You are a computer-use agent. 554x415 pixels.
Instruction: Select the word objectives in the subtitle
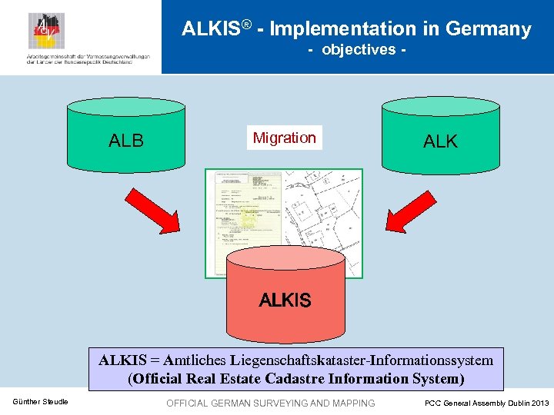pyautogui.click(x=358, y=50)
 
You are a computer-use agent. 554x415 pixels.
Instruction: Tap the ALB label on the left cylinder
pyautogui.click(x=126, y=141)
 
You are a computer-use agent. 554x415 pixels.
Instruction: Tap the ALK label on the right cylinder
pyautogui.click(x=440, y=141)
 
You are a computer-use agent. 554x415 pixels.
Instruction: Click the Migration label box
pyautogui.click(x=284, y=138)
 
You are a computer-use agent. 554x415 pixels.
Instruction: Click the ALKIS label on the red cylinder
pyautogui.click(x=285, y=300)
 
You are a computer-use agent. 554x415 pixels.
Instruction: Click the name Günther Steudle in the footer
pyautogui.click(x=40, y=403)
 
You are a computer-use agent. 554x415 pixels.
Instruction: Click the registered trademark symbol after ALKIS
pyautogui.click(x=247, y=25)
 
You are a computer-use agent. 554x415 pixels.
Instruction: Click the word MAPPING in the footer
pyautogui.click(x=352, y=403)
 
